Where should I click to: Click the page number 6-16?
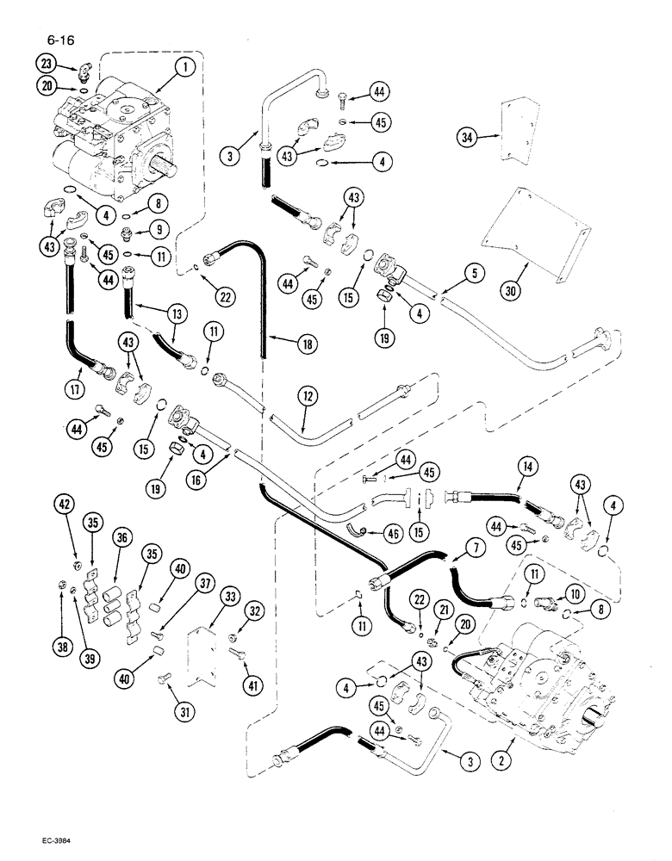click(x=52, y=39)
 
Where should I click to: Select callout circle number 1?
click(x=189, y=65)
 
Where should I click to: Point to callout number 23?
click(x=47, y=62)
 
